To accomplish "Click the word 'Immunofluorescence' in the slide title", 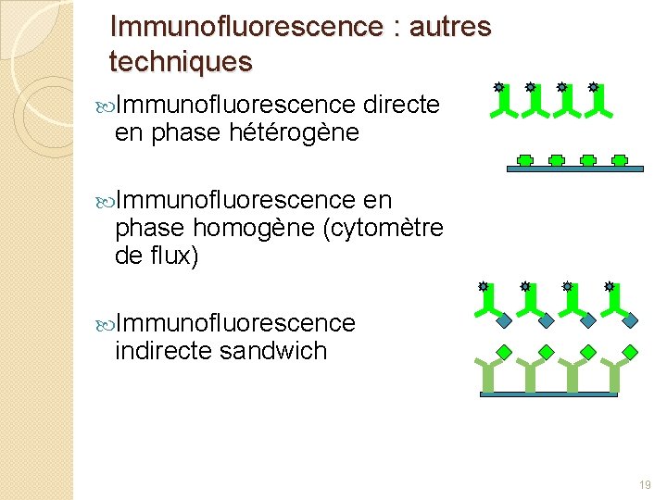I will point(244,27).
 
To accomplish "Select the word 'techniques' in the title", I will point(180,62).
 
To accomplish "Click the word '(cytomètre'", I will point(382,228).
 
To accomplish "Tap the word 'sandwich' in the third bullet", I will point(273,351).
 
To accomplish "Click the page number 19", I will point(645,484).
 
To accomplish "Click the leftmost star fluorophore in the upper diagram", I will point(498,87).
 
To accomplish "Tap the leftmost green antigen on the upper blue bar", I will point(524,159).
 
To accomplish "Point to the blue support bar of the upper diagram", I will point(575,169).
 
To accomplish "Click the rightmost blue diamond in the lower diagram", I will point(630,321).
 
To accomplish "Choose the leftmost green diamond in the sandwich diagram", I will point(504,351).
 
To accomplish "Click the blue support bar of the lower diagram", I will point(548,394).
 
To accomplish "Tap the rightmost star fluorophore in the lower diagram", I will point(610,287).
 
